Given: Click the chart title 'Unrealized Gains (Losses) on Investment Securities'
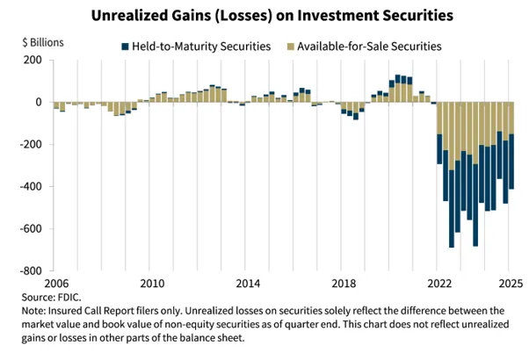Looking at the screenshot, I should pyautogui.click(x=264, y=15).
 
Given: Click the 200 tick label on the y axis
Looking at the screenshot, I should pyautogui.click(x=33, y=60).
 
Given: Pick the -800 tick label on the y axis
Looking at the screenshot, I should pyautogui.click(x=31, y=271).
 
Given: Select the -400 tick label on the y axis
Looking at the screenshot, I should pyautogui.click(x=31, y=187).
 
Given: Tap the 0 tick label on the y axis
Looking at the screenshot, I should pyautogui.click(x=39, y=102).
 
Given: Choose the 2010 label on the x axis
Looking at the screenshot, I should pyautogui.click(x=152, y=284).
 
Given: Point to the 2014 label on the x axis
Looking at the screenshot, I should pyautogui.click(x=248, y=284).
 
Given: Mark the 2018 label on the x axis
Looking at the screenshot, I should pyautogui.click(x=344, y=284).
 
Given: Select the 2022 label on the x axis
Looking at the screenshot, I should pyautogui.click(x=439, y=284).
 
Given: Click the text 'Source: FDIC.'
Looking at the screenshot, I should pyautogui.click(x=73, y=298).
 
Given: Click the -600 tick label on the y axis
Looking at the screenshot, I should pyautogui.click(x=31, y=229).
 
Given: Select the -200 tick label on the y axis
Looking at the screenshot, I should pyautogui.click(x=31, y=145).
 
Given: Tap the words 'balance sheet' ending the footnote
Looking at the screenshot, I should pyautogui.click(x=211, y=337).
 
